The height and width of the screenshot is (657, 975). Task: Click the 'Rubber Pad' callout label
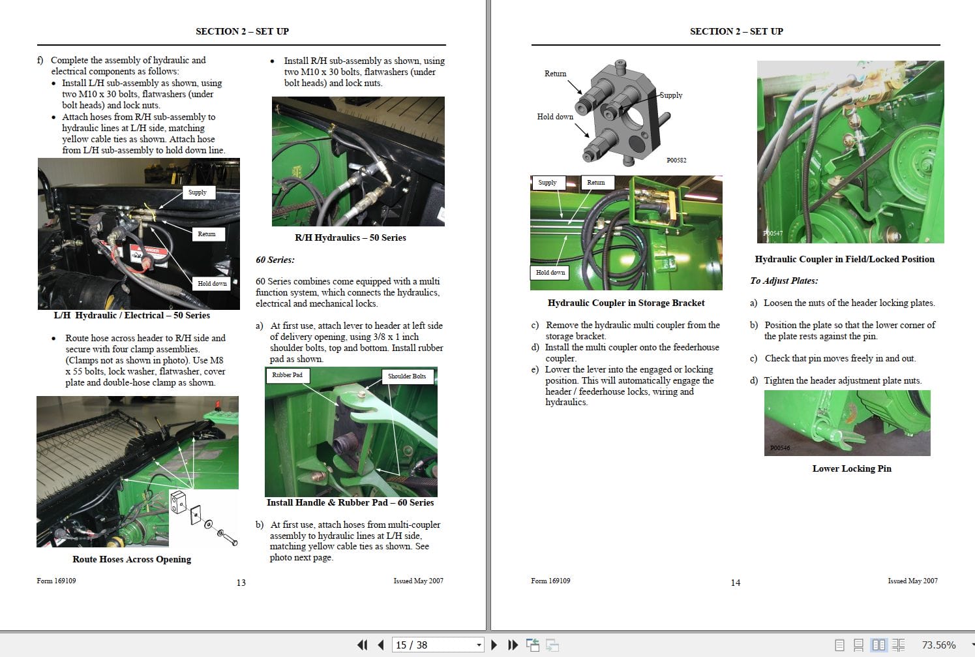tap(288, 375)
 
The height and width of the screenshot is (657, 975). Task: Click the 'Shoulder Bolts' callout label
tap(406, 376)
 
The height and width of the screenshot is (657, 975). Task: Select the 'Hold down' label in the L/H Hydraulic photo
tap(212, 284)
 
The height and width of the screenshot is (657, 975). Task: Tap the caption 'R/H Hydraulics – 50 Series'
tap(350, 238)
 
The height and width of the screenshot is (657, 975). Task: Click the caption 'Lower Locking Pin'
tap(851, 468)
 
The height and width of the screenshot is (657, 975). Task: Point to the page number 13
tap(241, 583)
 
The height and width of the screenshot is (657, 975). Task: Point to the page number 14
tap(735, 583)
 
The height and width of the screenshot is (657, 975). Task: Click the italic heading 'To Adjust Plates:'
tap(783, 281)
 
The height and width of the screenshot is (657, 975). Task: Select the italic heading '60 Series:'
tap(275, 260)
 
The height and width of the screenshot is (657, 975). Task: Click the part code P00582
tap(676, 160)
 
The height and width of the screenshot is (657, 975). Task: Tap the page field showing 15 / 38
tap(434, 645)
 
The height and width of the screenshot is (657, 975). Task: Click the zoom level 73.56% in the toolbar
tap(938, 645)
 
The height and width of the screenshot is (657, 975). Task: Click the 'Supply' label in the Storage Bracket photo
tap(547, 183)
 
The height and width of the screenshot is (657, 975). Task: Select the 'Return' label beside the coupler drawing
tap(555, 74)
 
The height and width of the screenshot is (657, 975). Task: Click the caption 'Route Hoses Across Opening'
tap(132, 559)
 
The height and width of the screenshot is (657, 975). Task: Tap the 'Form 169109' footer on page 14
tap(550, 581)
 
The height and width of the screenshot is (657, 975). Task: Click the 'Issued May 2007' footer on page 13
tap(418, 581)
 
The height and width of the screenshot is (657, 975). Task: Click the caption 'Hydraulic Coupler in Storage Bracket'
tap(626, 303)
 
